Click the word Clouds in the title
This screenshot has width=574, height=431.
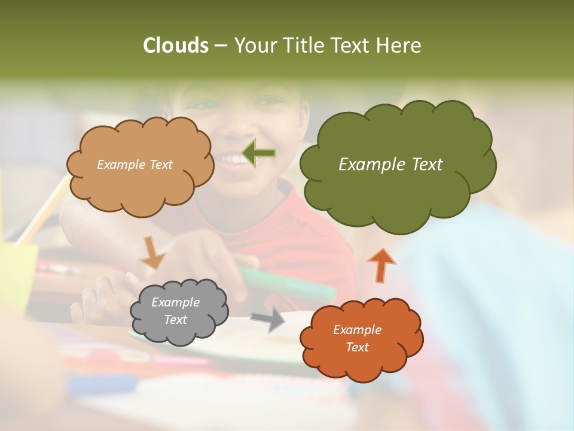click(x=175, y=45)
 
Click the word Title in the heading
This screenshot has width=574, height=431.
click(x=302, y=45)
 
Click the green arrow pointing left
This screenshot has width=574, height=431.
click(x=259, y=153)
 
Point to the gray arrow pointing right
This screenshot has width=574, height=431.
click(x=269, y=320)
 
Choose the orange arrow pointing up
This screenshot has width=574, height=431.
click(x=381, y=265)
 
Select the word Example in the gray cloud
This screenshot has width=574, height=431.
click(x=175, y=302)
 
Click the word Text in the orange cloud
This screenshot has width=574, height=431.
click(x=357, y=347)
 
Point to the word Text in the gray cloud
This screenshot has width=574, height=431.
click(x=175, y=320)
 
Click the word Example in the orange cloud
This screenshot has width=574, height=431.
click(x=357, y=330)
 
